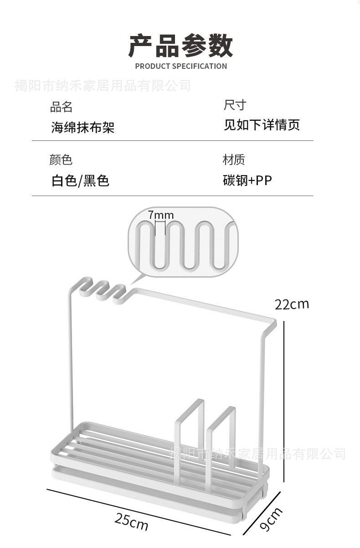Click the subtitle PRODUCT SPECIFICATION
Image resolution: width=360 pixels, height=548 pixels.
click(181, 66)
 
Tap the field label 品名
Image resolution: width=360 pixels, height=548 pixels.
click(61, 107)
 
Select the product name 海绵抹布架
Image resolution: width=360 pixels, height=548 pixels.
click(82, 127)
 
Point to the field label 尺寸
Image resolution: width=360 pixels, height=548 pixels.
click(235, 106)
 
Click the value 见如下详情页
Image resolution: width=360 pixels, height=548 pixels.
click(262, 125)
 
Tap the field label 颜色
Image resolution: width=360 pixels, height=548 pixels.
click(61, 160)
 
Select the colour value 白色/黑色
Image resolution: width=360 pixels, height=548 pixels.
click(80, 181)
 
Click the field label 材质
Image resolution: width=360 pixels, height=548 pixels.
click(234, 160)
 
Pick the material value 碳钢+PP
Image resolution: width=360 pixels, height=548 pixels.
click(247, 181)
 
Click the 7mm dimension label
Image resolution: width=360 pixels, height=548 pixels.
click(160, 215)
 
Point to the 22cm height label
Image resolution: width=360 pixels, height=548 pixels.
click(292, 304)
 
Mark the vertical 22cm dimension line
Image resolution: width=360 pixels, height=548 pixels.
click(284, 401)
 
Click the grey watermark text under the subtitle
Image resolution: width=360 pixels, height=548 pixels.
click(103, 85)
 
